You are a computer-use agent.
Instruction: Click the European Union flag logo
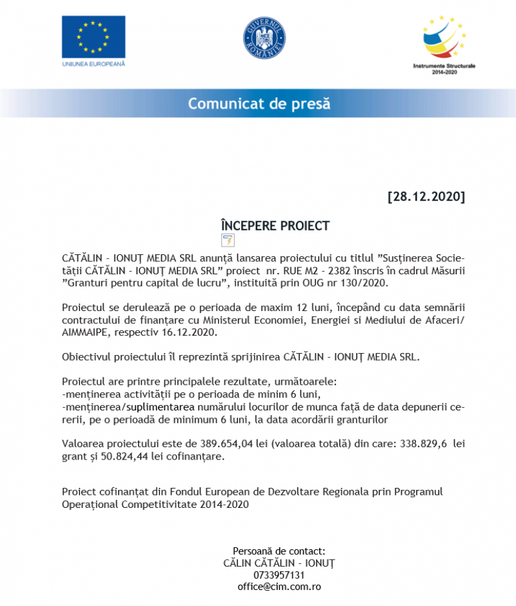click(x=94, y=37)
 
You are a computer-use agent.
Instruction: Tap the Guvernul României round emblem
click(x=264, y=38)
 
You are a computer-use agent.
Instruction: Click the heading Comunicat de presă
click(x=259, y=103)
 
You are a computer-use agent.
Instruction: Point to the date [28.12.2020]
click(x=426, y=196)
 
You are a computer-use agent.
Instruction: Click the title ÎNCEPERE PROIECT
click(x=275, y=226)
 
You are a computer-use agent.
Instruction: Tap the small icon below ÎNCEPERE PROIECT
click(x=228, y=241)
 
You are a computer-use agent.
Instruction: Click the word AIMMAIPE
click(x=87, y=332)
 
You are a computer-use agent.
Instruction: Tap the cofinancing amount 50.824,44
click(x=128, y=457)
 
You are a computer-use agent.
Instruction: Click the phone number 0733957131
click(x=279, y=575)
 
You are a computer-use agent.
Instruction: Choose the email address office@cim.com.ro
click(x=279, y=587)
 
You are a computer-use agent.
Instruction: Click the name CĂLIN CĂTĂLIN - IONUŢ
click(x=279, y=563)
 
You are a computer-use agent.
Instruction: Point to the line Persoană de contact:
click(x=279, y=550)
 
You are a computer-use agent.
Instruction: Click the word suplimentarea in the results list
click(x=160, y=407)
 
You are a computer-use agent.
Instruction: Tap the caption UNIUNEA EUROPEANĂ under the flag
click(x=94, y=64)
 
